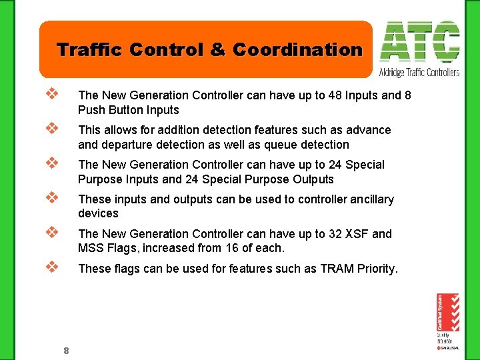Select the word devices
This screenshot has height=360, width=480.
98,214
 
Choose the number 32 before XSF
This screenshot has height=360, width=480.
335,234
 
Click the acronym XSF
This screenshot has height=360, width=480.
358,234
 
